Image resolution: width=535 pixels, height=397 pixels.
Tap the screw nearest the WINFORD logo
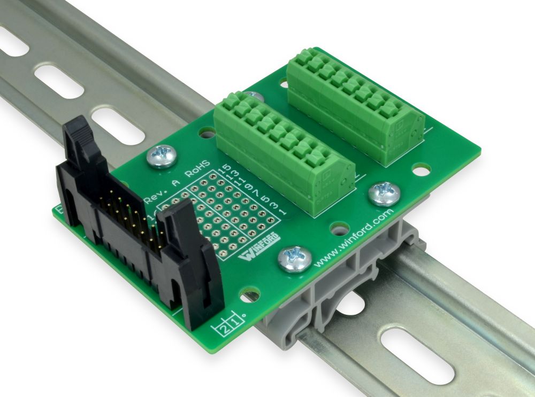coord(294,258)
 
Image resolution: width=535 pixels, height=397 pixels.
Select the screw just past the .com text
coord(384,193)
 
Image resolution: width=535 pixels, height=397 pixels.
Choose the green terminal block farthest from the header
coord(356,104)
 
